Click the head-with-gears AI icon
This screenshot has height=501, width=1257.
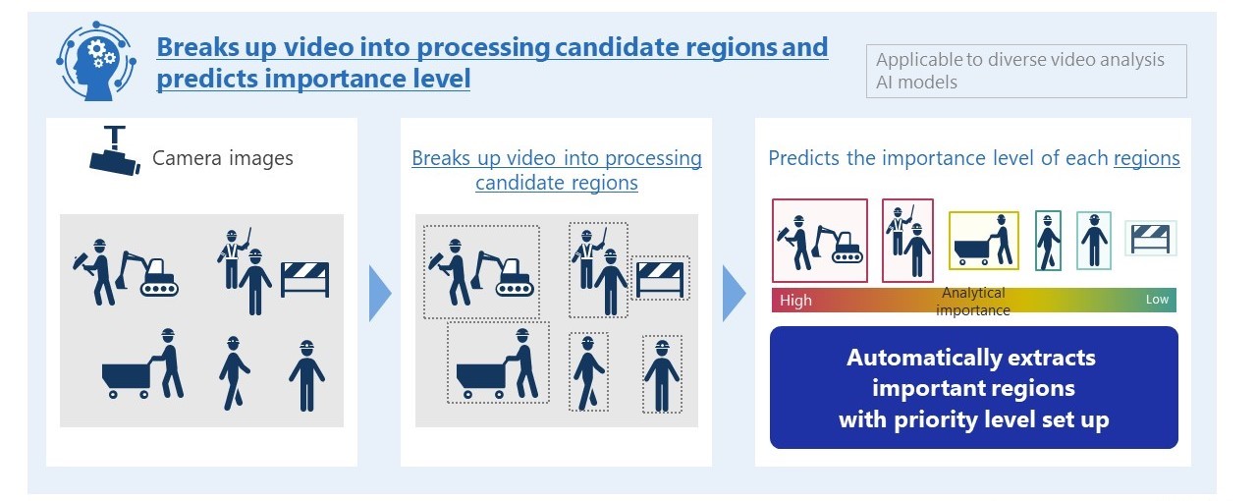click(96, 61)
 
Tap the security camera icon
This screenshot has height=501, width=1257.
click(115, 150)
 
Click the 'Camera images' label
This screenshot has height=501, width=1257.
click(223, 158)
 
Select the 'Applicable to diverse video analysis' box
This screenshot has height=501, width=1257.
click(1026, 72)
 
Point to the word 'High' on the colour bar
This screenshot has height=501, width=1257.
click(795, 301)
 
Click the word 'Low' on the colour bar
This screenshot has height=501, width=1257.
click(1157, 300)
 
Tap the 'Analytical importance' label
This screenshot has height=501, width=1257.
click(973, 302)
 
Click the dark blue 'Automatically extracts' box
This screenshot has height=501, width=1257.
click(973, 388)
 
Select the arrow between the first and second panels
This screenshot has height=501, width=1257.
click(380, 294)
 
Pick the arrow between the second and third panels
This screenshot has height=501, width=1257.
click(734, 294)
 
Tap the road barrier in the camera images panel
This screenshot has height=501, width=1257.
click(304, 279)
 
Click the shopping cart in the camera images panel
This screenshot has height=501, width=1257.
click(127, 379)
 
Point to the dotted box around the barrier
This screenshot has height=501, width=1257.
click(660, 257)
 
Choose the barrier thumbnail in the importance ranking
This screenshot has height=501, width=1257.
click(1150, 239)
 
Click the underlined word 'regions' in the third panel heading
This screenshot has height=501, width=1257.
click(1146, 158)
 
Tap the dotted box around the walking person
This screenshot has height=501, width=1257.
click(588, 333)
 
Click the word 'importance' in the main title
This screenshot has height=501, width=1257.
click(336, 79)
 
